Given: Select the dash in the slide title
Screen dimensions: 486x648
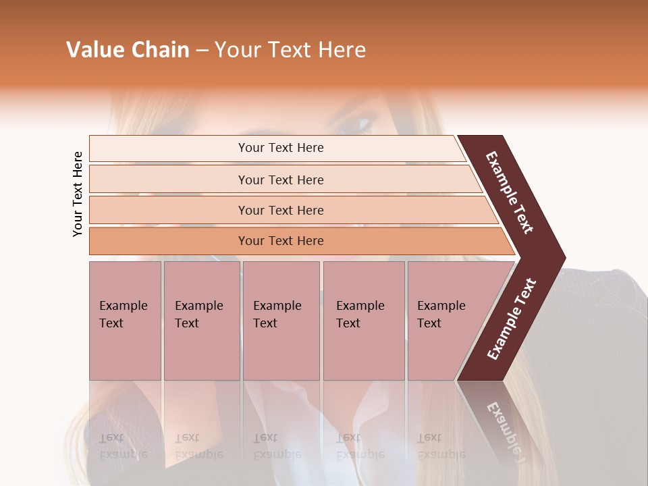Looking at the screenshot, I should (x=202, y=51).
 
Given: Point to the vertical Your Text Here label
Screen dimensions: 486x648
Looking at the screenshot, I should (x=78, y=194).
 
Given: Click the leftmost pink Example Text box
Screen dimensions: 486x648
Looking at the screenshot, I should (x=125, y=321).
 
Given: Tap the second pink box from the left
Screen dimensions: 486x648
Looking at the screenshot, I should (x=202, y=321).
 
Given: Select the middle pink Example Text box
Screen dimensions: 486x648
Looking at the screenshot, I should (x=281, y=321).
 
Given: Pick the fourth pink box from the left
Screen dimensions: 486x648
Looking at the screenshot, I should (x=364, y=321).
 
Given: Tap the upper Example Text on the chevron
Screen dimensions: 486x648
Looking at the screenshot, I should (x=510, y=192).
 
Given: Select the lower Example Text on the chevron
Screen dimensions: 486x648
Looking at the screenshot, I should (x=512, y=319).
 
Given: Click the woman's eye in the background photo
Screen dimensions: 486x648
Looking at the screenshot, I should (x=356, y=125).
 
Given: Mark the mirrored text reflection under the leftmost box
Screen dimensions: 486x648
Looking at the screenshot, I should (x=123, y=446).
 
